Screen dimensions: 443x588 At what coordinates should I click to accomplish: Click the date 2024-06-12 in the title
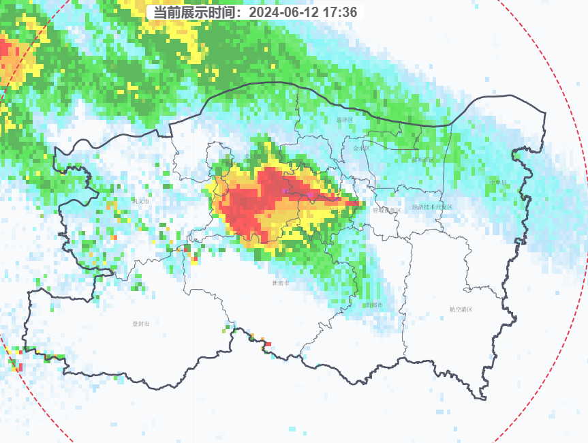[x=287, y=12]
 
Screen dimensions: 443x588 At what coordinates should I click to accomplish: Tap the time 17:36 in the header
[x=342, y=12]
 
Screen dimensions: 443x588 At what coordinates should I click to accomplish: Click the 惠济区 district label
[x=345, y=120]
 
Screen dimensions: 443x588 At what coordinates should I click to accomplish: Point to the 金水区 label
[x=362, y=148]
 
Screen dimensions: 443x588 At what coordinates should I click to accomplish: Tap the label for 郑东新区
[x=422, y=160]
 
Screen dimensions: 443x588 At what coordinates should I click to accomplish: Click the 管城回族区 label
[x=386, y=210]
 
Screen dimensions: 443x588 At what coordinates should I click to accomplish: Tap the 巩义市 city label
[x=140, y=201]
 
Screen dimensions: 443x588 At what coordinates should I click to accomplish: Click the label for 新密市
[x=280, y=282]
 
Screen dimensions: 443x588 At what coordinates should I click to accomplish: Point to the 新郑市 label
[x=374, y=305]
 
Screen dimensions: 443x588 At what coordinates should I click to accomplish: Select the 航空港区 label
[x=461, y=309]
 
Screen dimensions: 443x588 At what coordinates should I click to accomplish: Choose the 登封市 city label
[x=140, y=324]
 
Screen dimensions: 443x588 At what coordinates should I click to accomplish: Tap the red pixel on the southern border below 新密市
[x=268, y=343]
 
